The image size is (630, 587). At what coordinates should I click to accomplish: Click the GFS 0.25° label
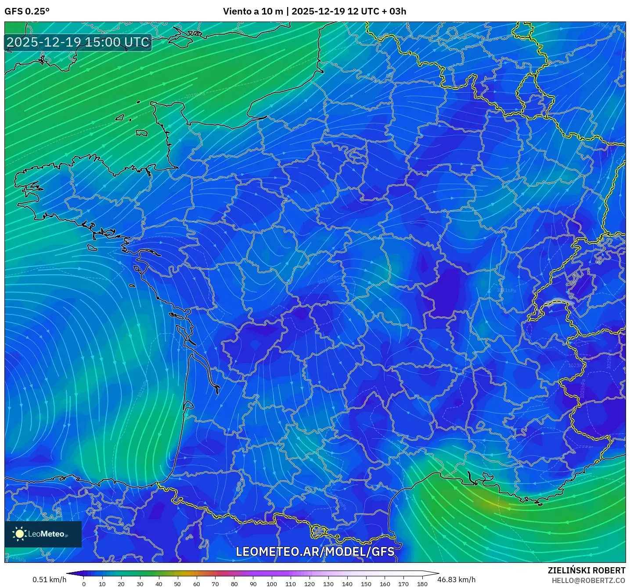pos(27,11)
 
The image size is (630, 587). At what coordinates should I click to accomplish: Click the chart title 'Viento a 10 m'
pos(253,11)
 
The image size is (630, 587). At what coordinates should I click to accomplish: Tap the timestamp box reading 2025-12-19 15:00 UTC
pos(78,42)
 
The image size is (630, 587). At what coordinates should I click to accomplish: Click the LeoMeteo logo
pos(43,534)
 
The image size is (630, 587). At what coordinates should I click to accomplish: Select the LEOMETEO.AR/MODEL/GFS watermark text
pos(315,551)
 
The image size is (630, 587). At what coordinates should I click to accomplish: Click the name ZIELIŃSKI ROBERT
pos(586,570)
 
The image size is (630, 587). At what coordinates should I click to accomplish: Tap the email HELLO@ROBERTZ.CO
pos(588,580)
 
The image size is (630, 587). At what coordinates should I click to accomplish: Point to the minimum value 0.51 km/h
pos(49,580)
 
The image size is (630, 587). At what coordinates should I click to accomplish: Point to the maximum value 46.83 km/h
pos(457,580)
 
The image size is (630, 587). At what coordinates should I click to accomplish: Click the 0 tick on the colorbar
pos(84,584)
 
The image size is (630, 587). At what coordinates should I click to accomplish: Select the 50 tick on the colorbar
pos(178,584)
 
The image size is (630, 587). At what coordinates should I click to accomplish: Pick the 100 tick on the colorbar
pos(272,584)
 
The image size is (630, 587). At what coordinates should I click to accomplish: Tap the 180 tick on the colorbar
pos(422,584)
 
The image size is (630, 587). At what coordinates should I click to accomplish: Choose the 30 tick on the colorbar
pos(140,584)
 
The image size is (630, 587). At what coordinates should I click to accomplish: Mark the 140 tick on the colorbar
pos(347,584)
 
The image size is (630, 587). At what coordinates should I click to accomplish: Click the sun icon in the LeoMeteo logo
pos(19,534)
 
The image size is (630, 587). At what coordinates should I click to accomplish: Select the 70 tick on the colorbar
pos(215,584)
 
